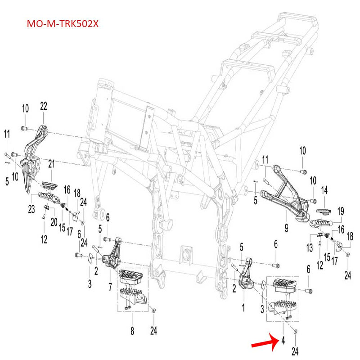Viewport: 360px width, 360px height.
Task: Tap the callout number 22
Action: (x=43, y=106)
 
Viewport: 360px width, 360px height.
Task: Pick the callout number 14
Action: (x=324, y=190)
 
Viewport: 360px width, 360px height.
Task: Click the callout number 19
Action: (x=341, y=211)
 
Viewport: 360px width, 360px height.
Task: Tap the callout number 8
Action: (x=132, y=332)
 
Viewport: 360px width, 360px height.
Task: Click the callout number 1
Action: (x=243, y=308)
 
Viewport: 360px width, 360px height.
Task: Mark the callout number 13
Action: (x=310, y=247)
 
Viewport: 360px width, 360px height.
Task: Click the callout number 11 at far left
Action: (x=6, y=134)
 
